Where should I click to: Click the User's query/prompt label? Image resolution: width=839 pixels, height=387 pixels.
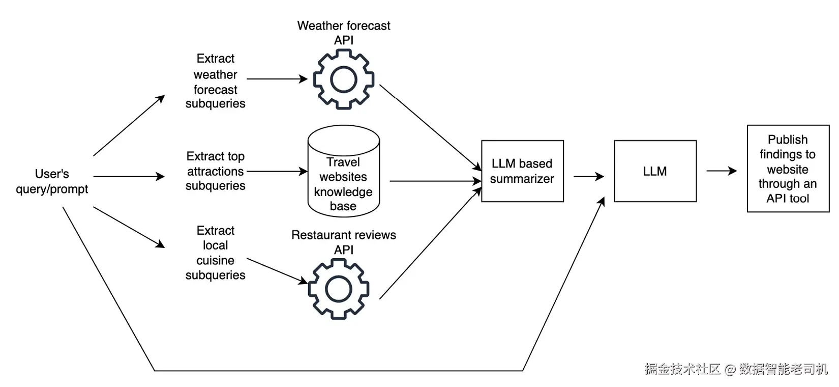52,181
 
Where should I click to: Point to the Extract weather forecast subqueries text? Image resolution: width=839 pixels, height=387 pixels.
216,81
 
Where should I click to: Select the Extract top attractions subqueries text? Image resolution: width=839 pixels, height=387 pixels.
216,171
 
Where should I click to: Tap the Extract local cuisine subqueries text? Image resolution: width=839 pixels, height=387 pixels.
216,253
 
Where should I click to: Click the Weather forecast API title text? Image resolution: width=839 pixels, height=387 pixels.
343,33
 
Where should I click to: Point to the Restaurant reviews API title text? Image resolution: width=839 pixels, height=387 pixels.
343,242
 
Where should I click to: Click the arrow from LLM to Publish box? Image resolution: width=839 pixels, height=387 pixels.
722,171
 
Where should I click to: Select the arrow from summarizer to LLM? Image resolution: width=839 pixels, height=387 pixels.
589,176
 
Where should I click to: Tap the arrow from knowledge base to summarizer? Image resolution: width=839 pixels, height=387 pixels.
436,181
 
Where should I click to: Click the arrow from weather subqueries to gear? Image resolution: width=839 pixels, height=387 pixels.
277,79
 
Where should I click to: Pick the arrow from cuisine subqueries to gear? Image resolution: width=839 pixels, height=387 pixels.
277,271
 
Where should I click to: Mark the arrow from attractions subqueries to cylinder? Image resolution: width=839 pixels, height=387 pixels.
277,172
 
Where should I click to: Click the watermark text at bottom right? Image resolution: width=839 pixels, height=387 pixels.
736,369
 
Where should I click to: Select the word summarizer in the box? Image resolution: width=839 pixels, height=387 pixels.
522,179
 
